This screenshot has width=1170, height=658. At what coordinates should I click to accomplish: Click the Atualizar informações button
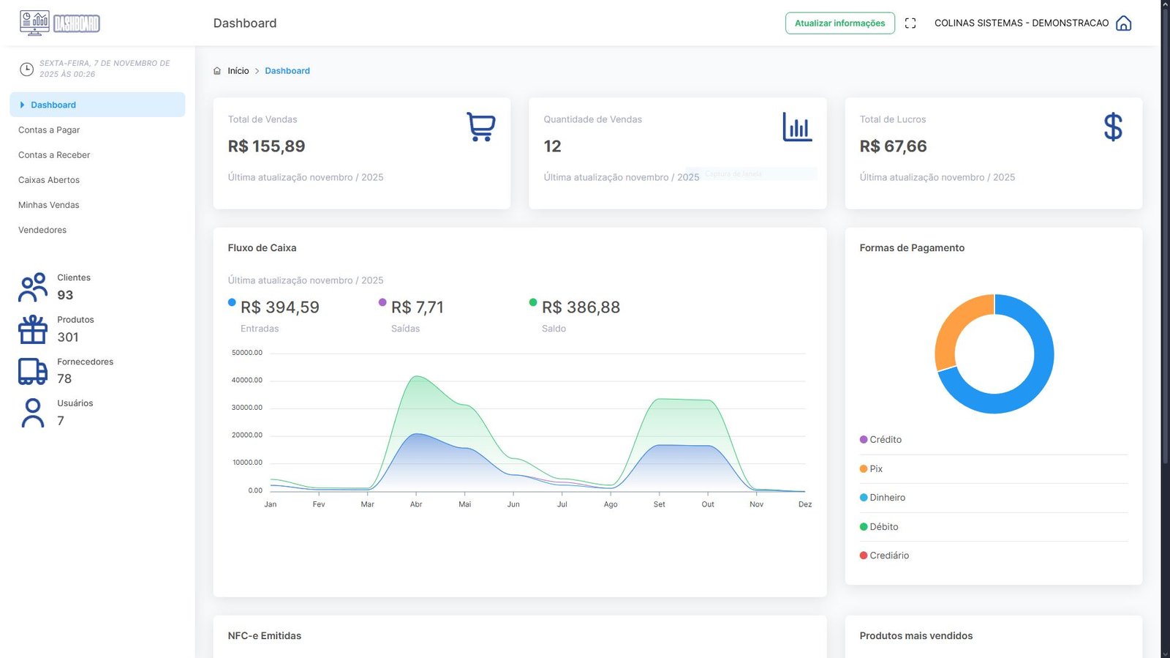(x=839, y=23)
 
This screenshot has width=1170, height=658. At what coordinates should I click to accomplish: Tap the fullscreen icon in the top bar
(x=910, y=23)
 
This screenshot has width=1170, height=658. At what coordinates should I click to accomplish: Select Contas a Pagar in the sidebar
(x=49, y=130)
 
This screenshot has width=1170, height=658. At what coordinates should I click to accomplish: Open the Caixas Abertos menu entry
(x=49, y=180)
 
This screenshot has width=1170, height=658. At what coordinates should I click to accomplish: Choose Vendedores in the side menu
(x=42, y=230)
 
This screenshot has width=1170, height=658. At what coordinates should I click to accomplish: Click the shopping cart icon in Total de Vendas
(x=480, y=127)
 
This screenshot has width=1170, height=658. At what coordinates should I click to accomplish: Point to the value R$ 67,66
(x=893, y=146)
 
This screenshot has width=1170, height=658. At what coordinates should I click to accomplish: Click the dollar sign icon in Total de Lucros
(x=1112, y=127)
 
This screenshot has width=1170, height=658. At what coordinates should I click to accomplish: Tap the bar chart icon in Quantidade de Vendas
(x=797, y=127)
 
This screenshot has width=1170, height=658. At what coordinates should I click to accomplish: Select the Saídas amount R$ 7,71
(x=418, y=307)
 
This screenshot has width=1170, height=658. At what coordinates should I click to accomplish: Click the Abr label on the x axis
(x=416, y=504)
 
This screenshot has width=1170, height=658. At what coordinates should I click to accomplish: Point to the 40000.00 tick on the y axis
(x=247, y=381)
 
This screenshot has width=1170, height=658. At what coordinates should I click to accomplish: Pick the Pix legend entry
(x=876, y=469)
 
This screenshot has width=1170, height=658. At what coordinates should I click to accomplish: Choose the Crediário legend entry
(x=889, y=556)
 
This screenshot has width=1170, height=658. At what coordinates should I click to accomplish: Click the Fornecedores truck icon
(x=33, y=371)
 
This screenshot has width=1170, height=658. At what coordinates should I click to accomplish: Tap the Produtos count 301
(x=68, y=337)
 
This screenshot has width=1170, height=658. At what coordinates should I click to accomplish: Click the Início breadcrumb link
(x=238, y=71)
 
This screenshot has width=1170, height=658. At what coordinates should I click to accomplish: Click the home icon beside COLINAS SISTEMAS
(x=1123, y=23)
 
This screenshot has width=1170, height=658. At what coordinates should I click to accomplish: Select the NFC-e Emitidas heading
(x=265, y=636)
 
